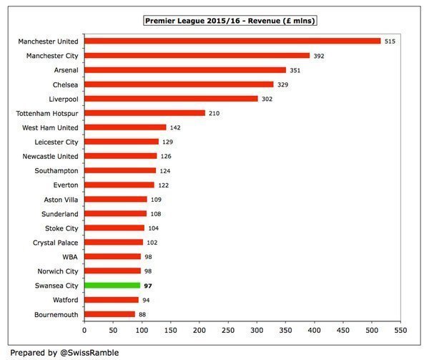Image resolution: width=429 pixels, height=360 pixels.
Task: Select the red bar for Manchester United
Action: (x=232, y=42)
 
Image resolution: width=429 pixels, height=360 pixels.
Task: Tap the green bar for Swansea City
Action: (x=112, y=285)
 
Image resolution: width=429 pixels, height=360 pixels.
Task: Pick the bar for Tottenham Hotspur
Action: (x=144, y=113)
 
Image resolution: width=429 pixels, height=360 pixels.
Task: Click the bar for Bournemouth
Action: (x=109, y=313)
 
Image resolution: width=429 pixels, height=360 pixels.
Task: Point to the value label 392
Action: (x=319, y=56)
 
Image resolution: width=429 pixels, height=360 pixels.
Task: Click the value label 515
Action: (x=390, y=42)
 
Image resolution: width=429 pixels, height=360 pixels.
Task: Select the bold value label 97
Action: (x=149, y=285)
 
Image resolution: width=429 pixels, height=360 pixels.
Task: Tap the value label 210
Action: (x=214, y=113)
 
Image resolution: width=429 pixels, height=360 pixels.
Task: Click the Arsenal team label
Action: (x=64, y=70)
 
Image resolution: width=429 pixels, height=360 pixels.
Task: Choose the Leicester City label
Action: (x=56, y=142)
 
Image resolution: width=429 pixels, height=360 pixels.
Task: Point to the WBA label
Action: (x=69, y=256)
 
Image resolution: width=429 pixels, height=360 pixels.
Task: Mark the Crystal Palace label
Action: (x=54, y=242)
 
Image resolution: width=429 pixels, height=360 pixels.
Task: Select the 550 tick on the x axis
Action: (x=401, y=331)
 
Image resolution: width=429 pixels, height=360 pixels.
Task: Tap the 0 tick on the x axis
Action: (x=84, y=331)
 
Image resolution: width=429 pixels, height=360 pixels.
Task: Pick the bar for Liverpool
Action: (x=171, y=99)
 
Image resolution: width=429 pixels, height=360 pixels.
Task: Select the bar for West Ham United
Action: (x=125, y=127)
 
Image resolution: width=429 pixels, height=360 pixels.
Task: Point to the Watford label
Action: (x=64, y=299)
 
